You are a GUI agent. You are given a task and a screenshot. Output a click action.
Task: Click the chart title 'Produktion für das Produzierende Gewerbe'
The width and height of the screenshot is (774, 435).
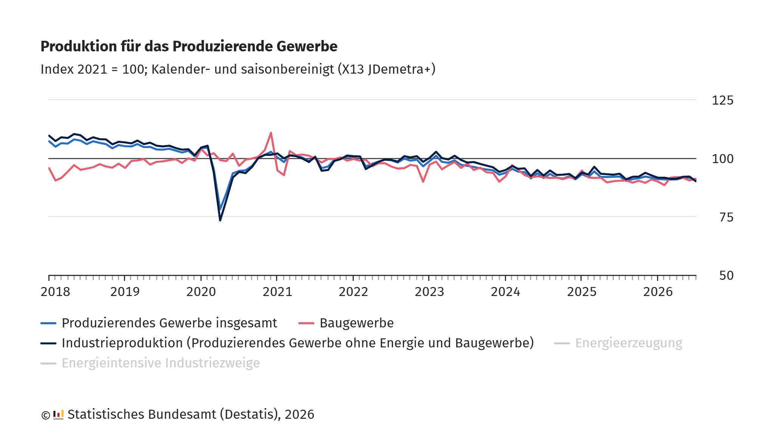pyautogui.click(x=189, y=46)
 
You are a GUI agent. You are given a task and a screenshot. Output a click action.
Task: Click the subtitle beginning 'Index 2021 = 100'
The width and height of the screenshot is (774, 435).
pyautogui.click(x=238, y=69)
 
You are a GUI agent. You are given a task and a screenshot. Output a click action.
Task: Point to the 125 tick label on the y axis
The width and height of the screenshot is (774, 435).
pyautogui.click(x=723, y=100)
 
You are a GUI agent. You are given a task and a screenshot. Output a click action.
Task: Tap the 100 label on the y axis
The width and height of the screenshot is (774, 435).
pyautogui.click(x=723, y=159)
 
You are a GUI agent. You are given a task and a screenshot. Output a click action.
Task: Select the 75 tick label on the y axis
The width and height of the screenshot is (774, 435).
pyautogui.click(x=726, y=217)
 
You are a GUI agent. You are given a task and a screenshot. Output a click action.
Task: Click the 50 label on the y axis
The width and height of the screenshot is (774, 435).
pyautogui.click(x=726, y=276)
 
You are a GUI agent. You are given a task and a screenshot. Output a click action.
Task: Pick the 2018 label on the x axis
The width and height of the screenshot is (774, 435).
pyautogui.click(x=56, y=292)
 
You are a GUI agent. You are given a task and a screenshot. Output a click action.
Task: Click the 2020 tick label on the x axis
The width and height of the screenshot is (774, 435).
pyautogui.click(x=201, y=292)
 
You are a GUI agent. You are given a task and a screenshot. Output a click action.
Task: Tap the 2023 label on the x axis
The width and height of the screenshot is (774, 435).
pyautogui.click(x=429, y=292)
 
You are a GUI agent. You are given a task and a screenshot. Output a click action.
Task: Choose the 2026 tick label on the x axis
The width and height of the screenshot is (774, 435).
pyautogui.click(x=658, y=292)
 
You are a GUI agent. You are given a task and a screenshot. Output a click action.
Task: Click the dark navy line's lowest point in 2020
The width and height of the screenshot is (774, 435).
pyautogui.click(x=220, y=220)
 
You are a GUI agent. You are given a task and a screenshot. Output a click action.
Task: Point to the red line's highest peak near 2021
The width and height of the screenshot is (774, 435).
pyautogui.click(x=271, y=133)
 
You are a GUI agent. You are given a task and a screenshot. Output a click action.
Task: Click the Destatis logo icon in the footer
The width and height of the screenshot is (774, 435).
pyautogui.click(x=58, y=415)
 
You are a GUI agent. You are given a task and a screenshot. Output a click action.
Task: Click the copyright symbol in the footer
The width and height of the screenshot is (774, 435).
pyautogui.click(x=46, y=415)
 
